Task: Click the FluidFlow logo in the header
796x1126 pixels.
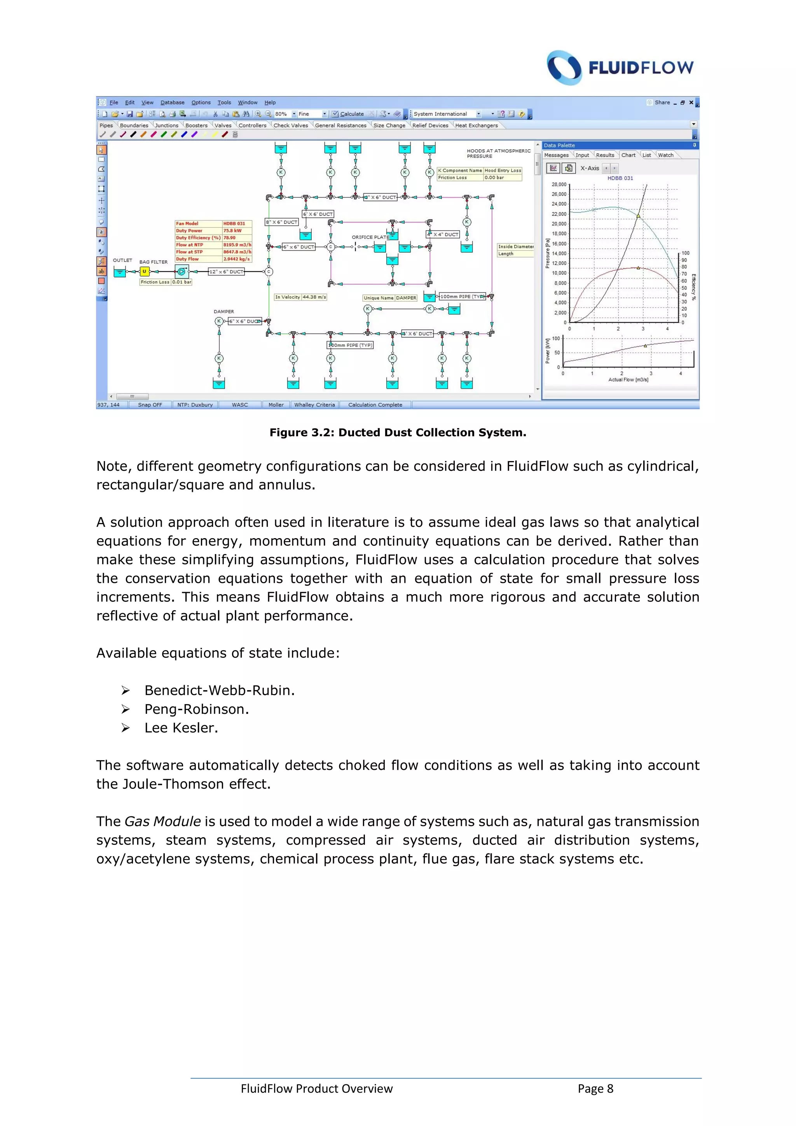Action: tap(620, 68)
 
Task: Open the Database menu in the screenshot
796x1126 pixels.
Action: tap(173, 103)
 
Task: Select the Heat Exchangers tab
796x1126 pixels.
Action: tap(476, 126)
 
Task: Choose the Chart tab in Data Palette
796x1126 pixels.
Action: tap(628, 155)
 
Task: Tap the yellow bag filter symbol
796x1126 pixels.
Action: tap(145, 271)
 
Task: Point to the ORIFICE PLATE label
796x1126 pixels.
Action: tap(370, 237)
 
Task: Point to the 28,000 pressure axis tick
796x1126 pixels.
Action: tap(559, 184)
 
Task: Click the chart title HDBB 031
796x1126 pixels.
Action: tap(620, 178)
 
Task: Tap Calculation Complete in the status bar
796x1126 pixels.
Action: tap(375, 405)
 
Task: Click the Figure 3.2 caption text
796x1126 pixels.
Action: tap(398, 432)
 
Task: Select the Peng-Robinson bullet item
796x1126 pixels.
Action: tap(197, 709)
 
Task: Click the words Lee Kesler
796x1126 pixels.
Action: tap(181, 728)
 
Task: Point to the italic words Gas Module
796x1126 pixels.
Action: tap(163, 822)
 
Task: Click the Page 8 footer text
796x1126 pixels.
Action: tap(595, 1089)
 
